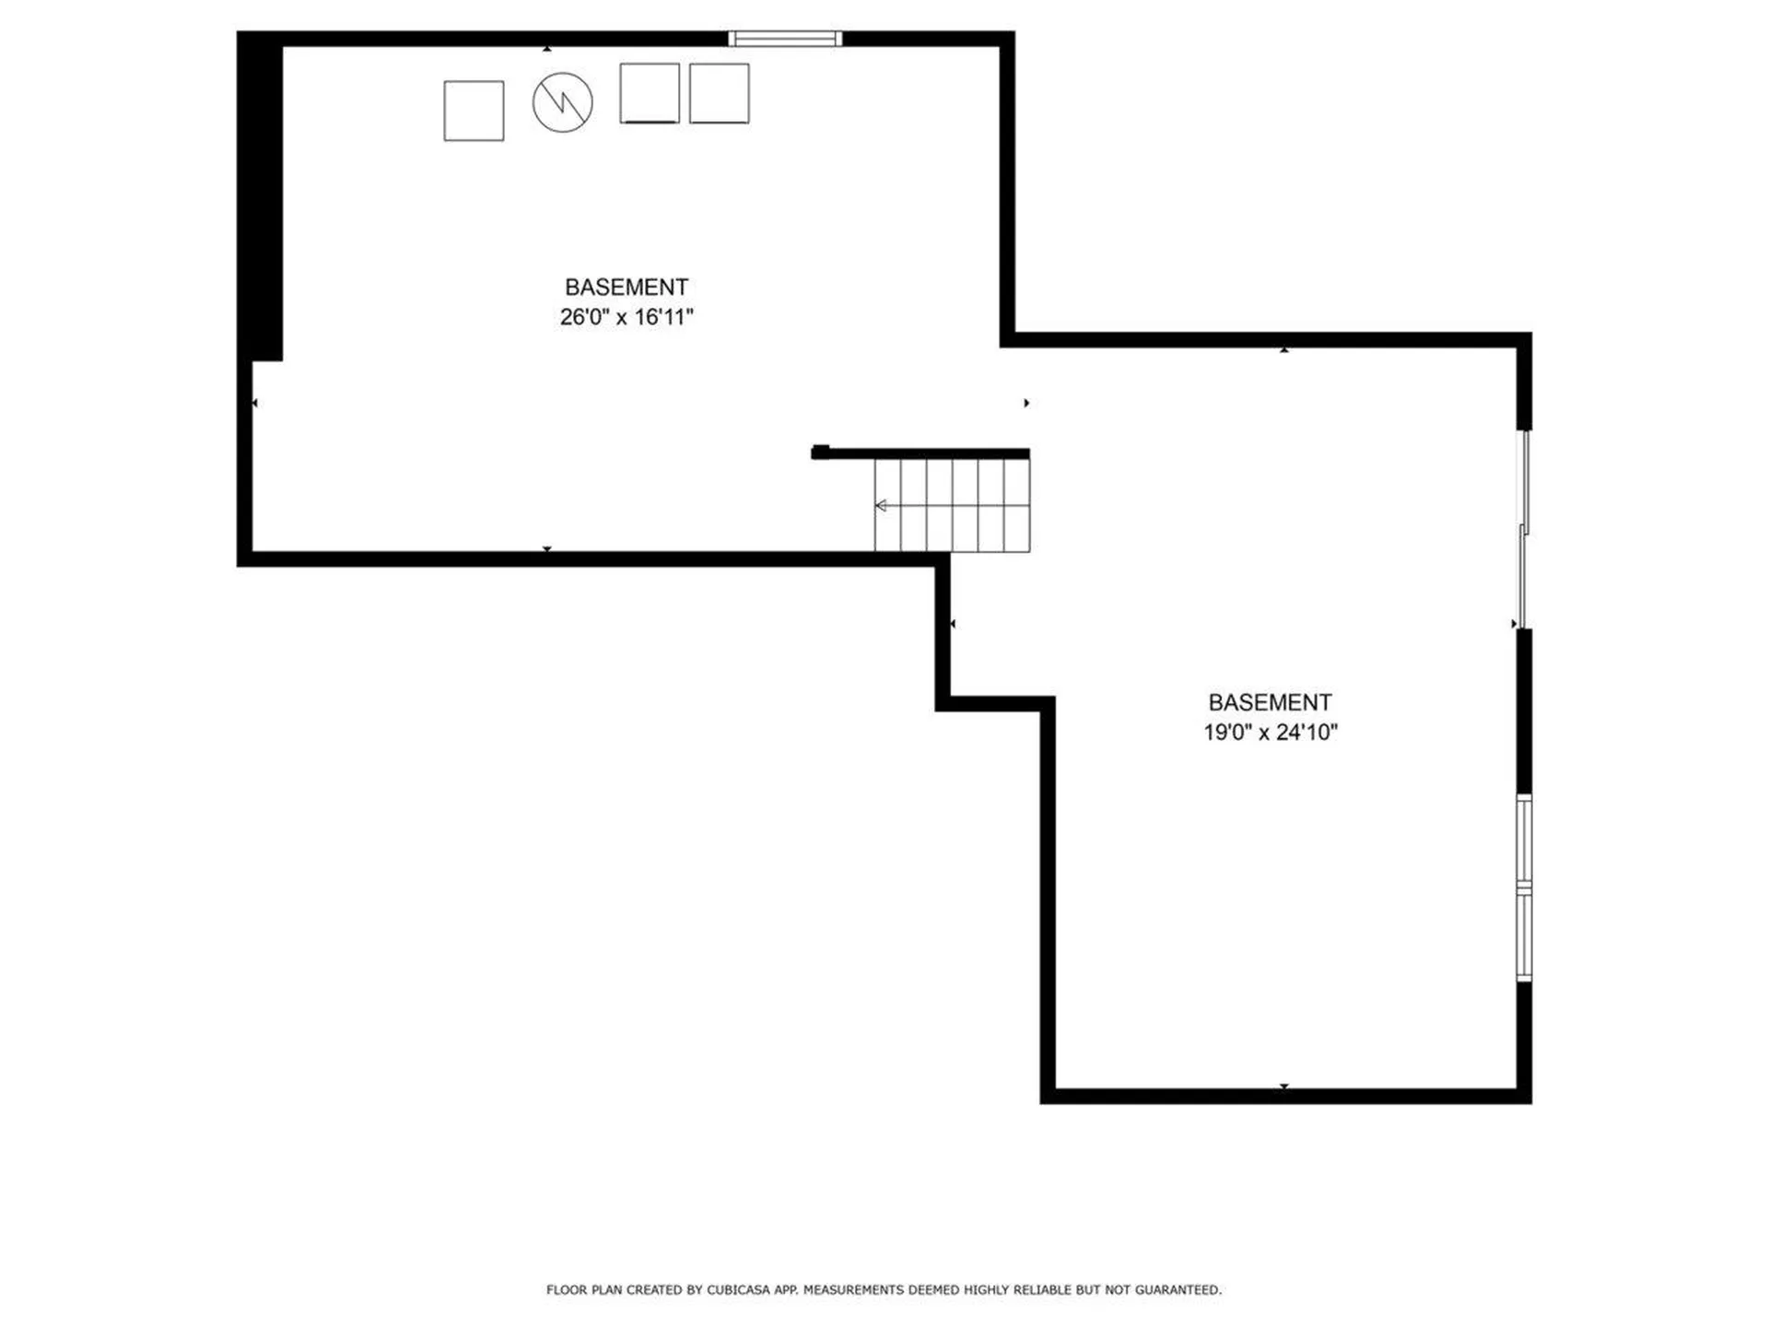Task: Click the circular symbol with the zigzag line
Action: (x=562, y=102)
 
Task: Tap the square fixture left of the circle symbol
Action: (x=474, y=111)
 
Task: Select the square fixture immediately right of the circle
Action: (x=650, y=93)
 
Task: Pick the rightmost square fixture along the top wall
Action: (x=719, y=93)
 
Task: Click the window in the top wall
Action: (x=785, y=39)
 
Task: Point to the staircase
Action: (x=952, y=505)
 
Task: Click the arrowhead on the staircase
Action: (x=881, y=505)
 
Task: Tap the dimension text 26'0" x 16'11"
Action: (x=627, y=317)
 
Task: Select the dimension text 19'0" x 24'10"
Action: (x=1271, y=733)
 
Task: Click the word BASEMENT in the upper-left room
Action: (x=627, y=287)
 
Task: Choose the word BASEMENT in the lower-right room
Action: (x=1271, y=702)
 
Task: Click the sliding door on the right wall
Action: (x=1524, y=530)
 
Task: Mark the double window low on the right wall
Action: (x=1524, y=888)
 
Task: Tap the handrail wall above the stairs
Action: (x=920, y=452)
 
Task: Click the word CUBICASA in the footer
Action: (x=738, y=1290)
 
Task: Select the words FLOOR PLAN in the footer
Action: (x=584, y=1290)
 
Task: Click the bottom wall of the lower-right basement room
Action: (x=1286, y=1096)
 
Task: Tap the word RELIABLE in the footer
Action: (x=1043, y=1290)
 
